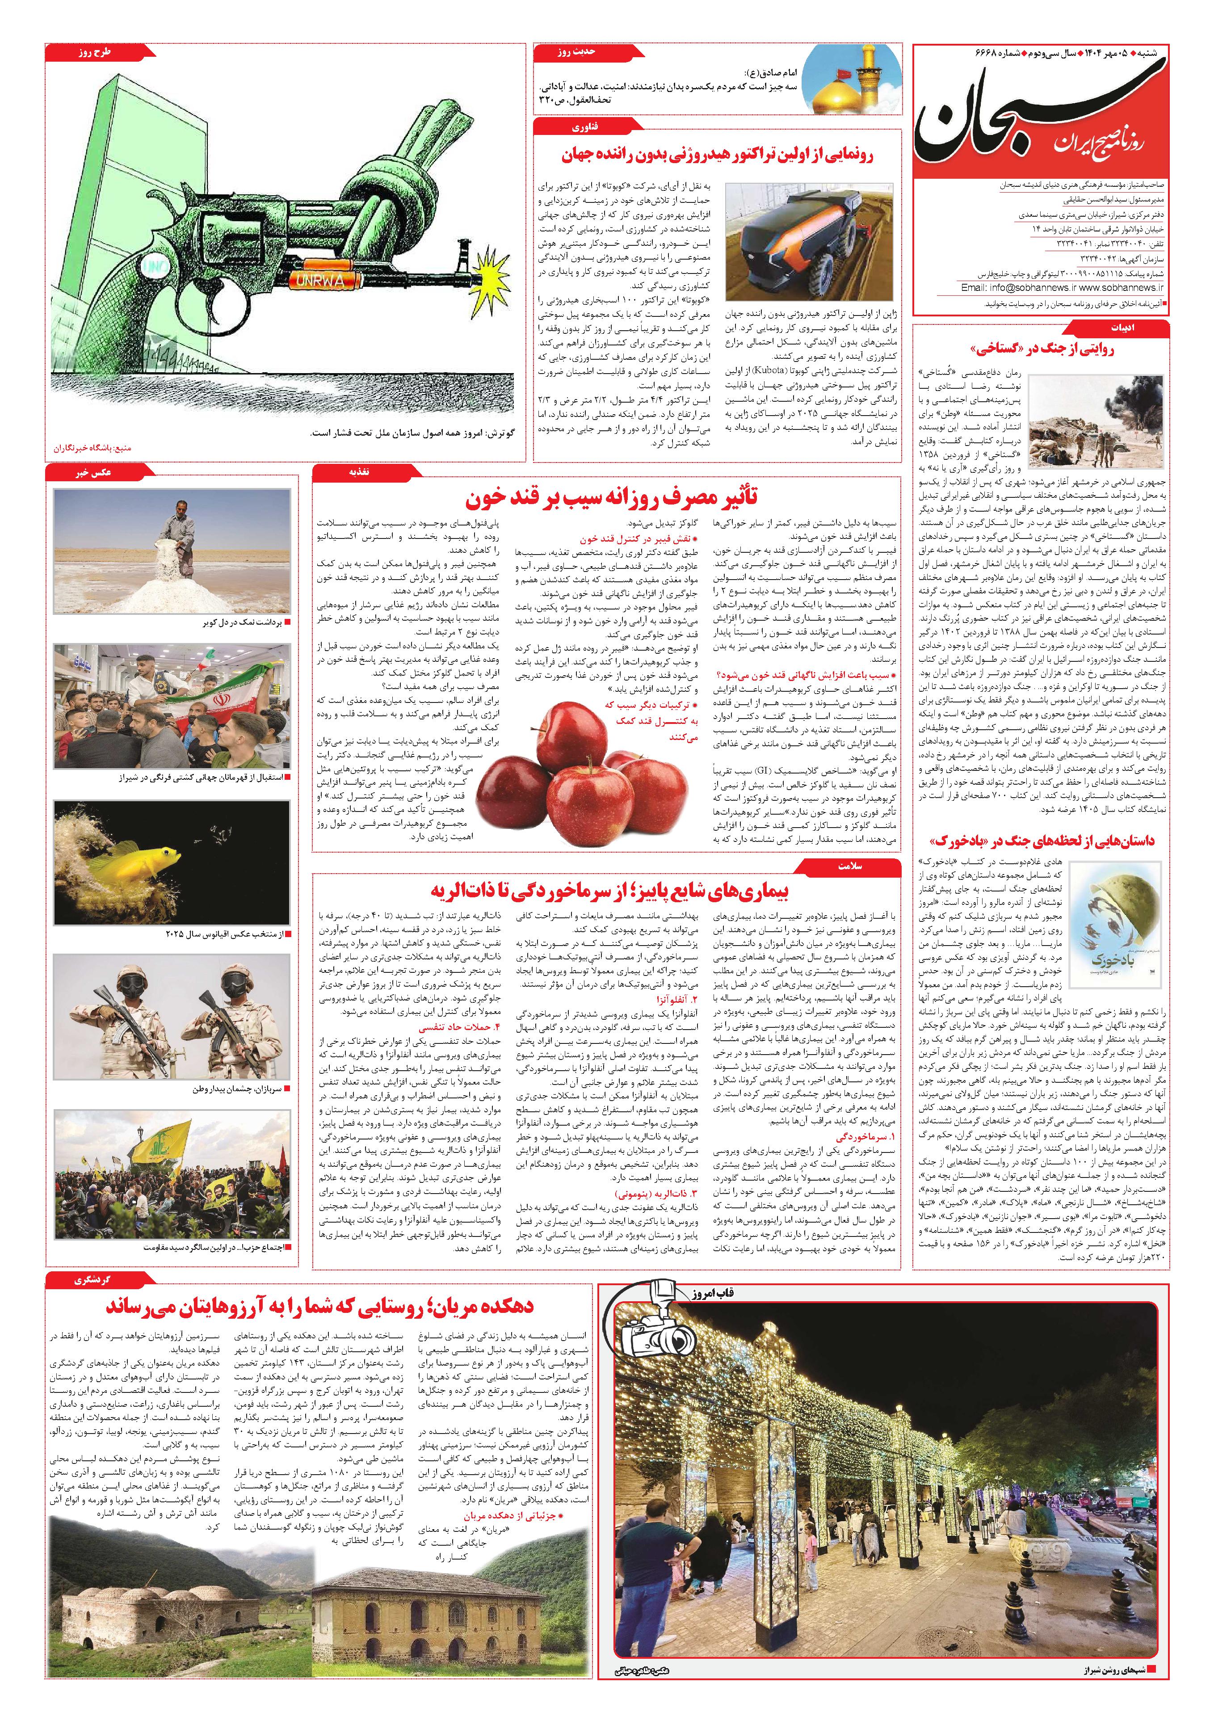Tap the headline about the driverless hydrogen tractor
(x=717, y=156)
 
